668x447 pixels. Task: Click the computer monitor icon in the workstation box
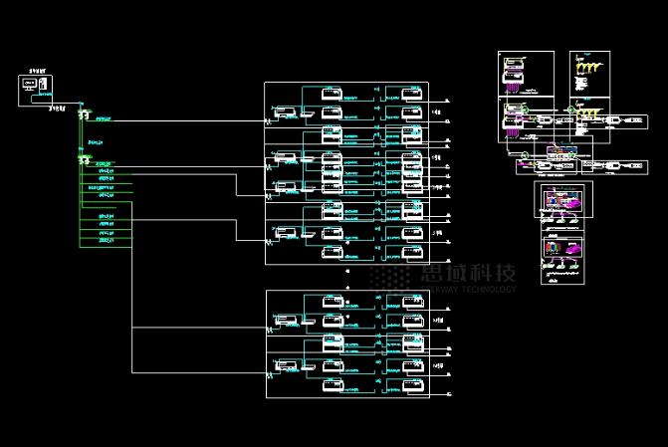28,87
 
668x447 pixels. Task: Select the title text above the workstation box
37,73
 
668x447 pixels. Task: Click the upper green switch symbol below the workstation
84,115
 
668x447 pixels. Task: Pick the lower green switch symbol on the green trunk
84,159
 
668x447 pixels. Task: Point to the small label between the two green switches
96,142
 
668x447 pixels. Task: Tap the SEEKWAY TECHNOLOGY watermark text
467,290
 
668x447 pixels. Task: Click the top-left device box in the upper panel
332,97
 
